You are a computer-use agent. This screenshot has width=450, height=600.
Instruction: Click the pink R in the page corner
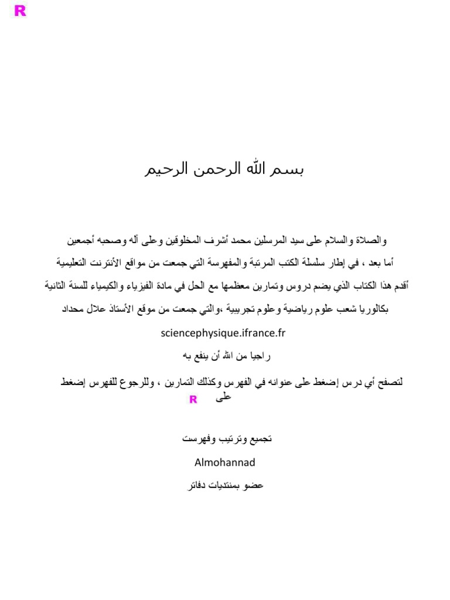coord(20,11)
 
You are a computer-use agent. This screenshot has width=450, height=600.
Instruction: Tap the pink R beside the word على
coord(193,400)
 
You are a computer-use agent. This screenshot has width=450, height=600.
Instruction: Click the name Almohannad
coord(225,462)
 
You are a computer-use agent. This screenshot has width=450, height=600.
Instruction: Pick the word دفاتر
coord(196,485)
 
